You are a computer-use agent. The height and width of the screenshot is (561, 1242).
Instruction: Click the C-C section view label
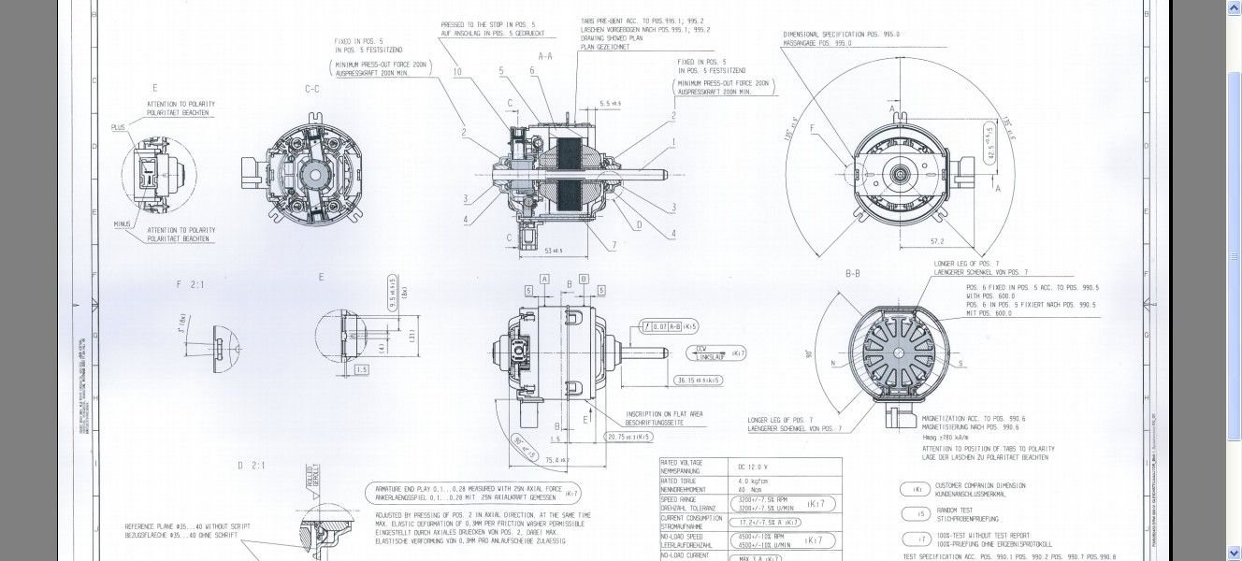(x=312, y=89)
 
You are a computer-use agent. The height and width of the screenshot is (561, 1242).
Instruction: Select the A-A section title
(x=545, y=56)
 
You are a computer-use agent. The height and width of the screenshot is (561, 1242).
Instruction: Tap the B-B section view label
(x=852, y=274)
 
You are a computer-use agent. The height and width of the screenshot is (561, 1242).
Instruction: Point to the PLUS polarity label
(x=118, y=127)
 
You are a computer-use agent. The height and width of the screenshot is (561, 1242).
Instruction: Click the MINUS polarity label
(x=123, y=224)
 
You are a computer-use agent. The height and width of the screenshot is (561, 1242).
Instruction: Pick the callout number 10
(x=457, y=72)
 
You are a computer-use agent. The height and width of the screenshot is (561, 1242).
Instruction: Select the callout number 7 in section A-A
(x=614, y=245)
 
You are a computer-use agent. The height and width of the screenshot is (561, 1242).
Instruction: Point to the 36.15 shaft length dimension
(x=697, y=381)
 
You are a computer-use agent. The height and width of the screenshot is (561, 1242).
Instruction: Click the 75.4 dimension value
(x=557, y=460)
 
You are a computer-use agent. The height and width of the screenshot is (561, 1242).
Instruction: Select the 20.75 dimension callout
(x=628, y=436)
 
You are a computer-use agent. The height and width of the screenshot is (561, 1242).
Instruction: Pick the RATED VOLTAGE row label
(x=682, y=463)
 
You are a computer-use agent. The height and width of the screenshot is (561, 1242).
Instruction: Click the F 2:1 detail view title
(x=190, y=283)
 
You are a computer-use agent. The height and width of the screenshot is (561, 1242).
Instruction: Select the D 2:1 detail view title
(x=252, y=465)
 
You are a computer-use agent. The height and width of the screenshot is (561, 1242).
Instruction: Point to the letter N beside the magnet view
(x=832, y=363)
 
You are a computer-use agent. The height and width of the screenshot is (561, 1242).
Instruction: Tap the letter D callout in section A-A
(x=639, y=224)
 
